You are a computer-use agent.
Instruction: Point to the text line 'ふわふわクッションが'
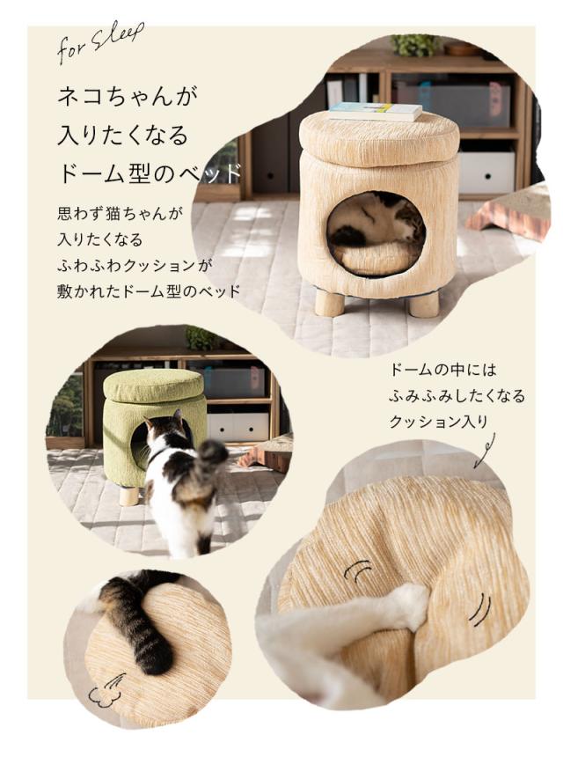(x=140, y=265)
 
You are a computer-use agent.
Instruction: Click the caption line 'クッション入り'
(x=437, y=422)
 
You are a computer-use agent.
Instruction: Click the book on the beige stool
(x=376, y=111)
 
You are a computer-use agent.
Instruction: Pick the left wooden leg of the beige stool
(x=330, y=303)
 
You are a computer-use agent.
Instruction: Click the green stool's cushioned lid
(x=154, y=386)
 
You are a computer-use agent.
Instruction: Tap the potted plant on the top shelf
(x=414, y=44)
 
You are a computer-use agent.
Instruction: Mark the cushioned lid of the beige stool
(x=378, y=138)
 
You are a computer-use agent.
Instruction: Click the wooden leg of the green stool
(x=129, y=496)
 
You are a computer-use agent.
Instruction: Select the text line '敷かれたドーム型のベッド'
(x=149, y=291)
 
